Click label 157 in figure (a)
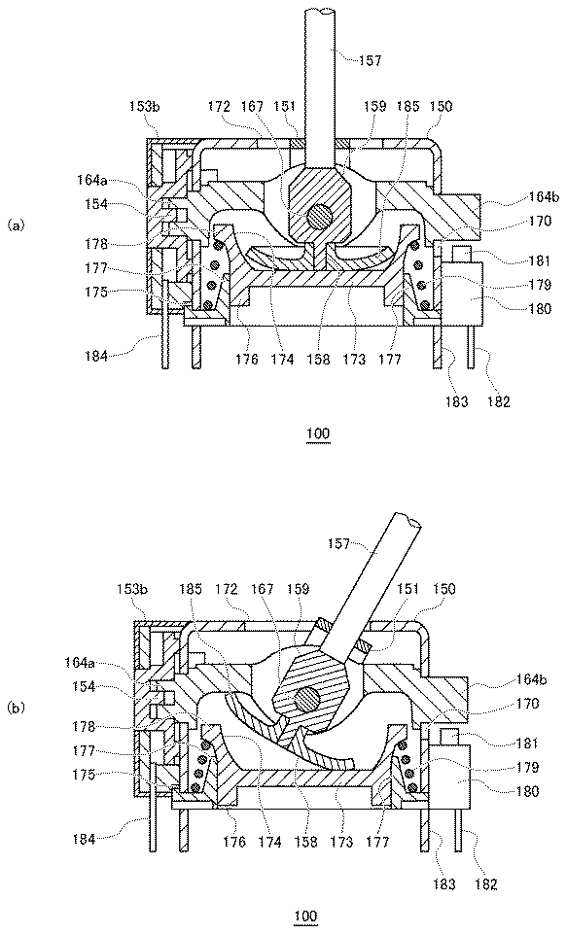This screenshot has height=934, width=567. click(369, 60)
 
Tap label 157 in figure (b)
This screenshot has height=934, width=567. click(339, 543)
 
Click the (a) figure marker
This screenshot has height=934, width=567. click(17, 225)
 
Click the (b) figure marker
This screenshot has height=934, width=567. click(17, 708)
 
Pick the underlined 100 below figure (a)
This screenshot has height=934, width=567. click(318, 433)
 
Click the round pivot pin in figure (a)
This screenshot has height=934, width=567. click(317, 217)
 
